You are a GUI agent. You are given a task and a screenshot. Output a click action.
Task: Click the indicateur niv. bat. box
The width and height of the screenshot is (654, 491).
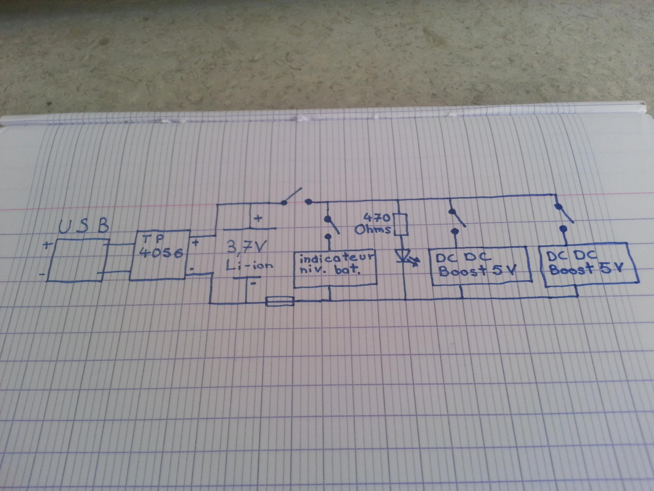(x=336, y=269)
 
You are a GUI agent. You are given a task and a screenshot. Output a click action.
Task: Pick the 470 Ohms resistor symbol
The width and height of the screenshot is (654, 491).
(x=400, y=225)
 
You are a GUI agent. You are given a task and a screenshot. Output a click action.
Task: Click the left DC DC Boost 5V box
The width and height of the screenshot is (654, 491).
(x=479, y=265)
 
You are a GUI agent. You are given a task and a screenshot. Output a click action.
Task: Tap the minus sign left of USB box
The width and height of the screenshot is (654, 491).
(x=42, y=274)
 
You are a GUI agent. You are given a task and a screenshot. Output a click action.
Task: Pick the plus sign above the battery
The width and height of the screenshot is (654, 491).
(x=258, y=218)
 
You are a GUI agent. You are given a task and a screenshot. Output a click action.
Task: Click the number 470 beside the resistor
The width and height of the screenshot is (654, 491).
(x=377, y=217)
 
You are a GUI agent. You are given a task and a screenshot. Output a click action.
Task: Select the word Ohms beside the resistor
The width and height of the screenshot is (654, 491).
(x=373, y=229)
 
